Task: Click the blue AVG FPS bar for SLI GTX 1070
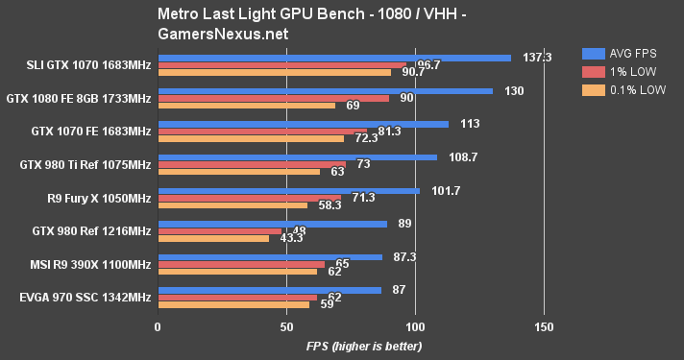click(x=334, y=58)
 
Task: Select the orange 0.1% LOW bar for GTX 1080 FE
click(x=246, y=105)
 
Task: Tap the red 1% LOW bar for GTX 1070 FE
click(x=261, y=132)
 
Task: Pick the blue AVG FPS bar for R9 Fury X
click(x=288, y=190)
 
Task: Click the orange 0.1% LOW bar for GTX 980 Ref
click(x=213, y=238)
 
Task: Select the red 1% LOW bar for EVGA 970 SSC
click(x=237, y=298)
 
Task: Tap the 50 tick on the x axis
click(x=286, y=326)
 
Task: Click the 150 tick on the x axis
click(x=544, y=326)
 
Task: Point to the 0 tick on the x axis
click(x=158, y=326)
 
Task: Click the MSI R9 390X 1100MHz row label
click(x=85, y=263)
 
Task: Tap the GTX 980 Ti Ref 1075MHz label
click(x=85, y=164)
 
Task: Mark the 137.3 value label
click(x=535, y=58)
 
